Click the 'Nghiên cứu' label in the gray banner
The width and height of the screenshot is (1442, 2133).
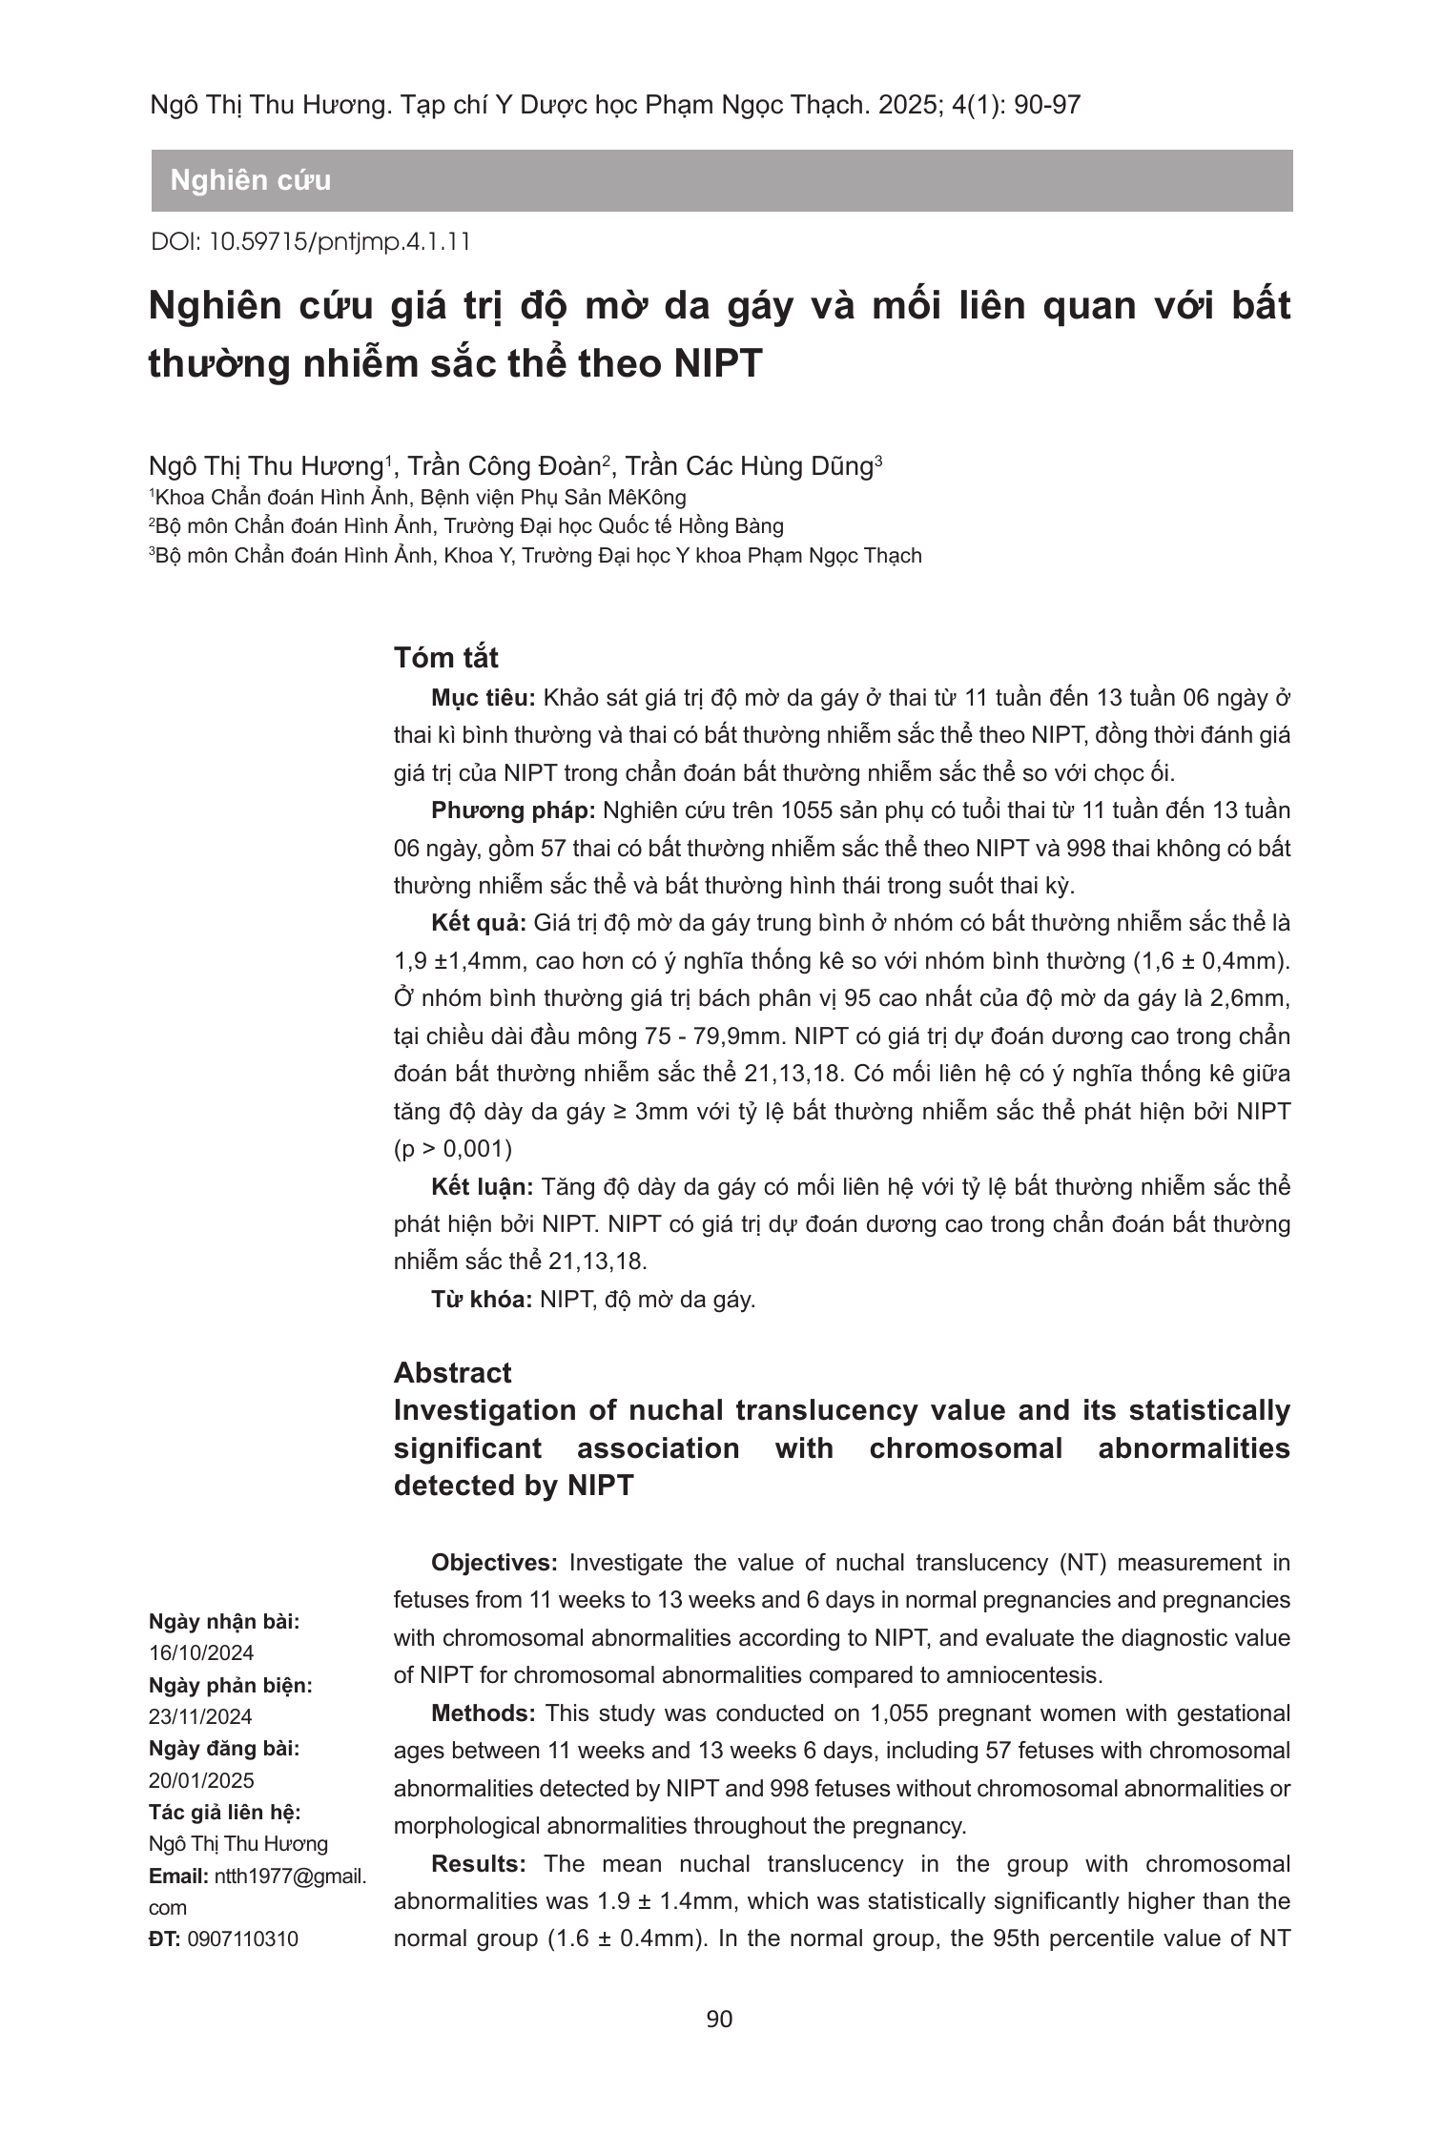pos(250,180)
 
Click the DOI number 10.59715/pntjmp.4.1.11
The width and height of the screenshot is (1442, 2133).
pos(339,241)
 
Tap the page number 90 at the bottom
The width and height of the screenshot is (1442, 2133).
pos(720,2019)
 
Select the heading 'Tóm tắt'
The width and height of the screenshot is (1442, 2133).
pos(446,658)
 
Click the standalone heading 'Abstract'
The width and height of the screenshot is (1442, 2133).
pos(452,1373)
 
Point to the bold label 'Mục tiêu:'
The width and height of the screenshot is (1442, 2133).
pos(484,698)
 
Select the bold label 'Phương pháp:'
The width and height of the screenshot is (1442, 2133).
pos(513,810)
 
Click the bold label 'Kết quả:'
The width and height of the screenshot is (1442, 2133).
pos(479,923)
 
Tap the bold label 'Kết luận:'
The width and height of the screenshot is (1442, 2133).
pos(483,1187)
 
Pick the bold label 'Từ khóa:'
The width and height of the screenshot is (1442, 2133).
pos(482,1300)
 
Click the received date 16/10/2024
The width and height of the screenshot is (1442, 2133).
pos(201,1653)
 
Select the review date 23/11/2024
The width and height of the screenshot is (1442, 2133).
pos(201,1717)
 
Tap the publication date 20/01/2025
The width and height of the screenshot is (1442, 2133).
pos(201,1781)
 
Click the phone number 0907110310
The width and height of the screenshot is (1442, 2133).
pos(243,1939)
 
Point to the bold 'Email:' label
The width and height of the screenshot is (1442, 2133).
pos(178,1877)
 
